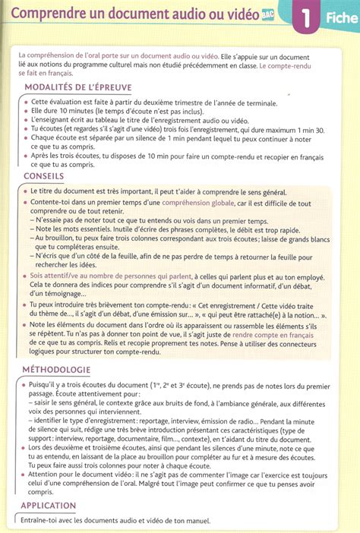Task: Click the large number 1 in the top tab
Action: click(305, 17)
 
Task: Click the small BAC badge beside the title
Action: click(268, 13)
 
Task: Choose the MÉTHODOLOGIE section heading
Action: click(58, 371)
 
